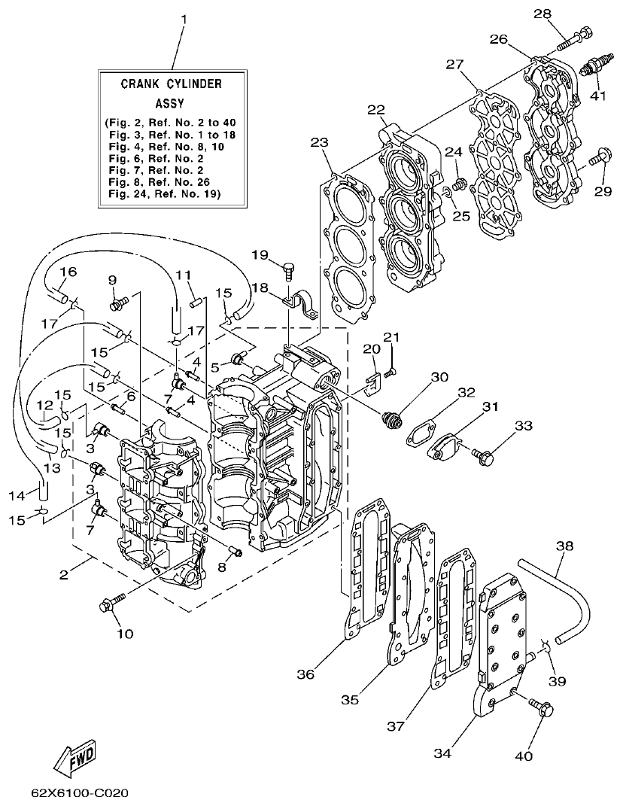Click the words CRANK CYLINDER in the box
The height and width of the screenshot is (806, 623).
(172, 84)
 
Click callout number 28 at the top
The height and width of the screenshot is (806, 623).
(564, 14)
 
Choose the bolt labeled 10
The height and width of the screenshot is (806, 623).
(110, 603)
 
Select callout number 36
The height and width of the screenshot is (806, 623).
(305, 674)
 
